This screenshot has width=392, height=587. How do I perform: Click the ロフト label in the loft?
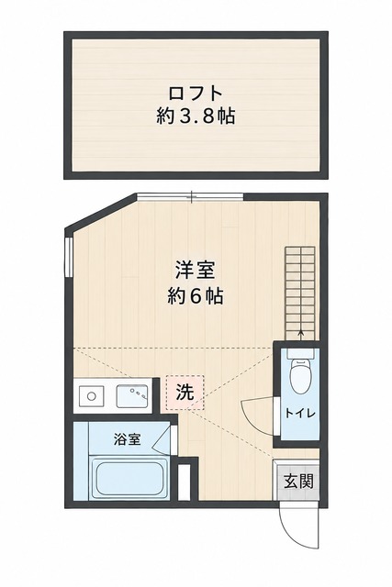196,94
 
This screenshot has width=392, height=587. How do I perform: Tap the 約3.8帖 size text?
196,116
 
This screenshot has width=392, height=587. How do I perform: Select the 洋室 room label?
196,271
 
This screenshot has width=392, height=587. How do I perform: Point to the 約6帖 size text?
196,296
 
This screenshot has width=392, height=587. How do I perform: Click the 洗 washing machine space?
185,393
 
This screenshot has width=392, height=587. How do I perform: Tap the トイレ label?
300,414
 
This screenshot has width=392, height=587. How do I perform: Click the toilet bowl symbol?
300,375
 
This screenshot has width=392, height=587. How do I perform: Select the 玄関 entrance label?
298,481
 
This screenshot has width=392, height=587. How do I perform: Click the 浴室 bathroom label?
128,438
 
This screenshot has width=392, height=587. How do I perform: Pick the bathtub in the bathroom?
129,478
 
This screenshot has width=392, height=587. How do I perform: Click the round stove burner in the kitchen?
91,396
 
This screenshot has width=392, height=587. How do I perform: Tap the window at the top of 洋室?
190,196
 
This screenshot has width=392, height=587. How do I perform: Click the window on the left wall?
68,257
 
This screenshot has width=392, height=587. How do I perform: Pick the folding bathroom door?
162,439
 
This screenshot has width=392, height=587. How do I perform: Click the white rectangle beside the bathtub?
184,482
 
